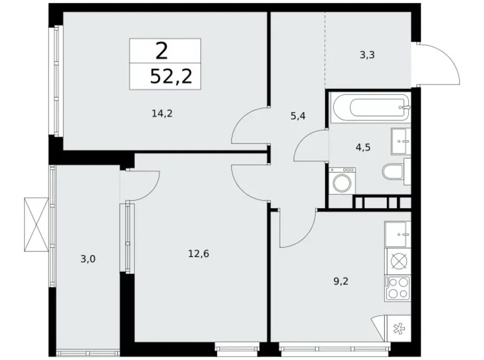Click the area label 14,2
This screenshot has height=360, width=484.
point(160,114)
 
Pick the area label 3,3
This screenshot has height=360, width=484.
point(367,55)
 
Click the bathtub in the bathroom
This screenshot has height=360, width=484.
point(370,108)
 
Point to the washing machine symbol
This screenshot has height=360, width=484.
point(341,182)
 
